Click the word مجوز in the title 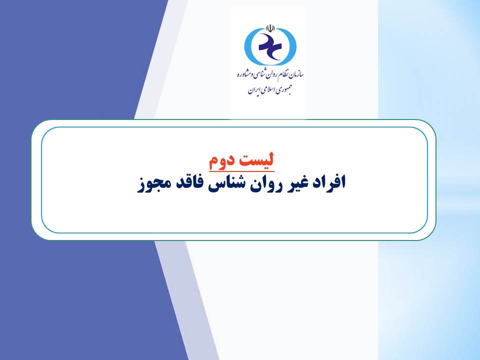[x=151, y=184]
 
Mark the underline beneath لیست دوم [x=241, y=171]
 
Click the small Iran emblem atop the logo [x=270, y=28]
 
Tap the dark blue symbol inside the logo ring [x=269, y=46]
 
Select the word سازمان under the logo [x=295, y=74]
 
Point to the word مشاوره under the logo [x=244, y=74]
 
